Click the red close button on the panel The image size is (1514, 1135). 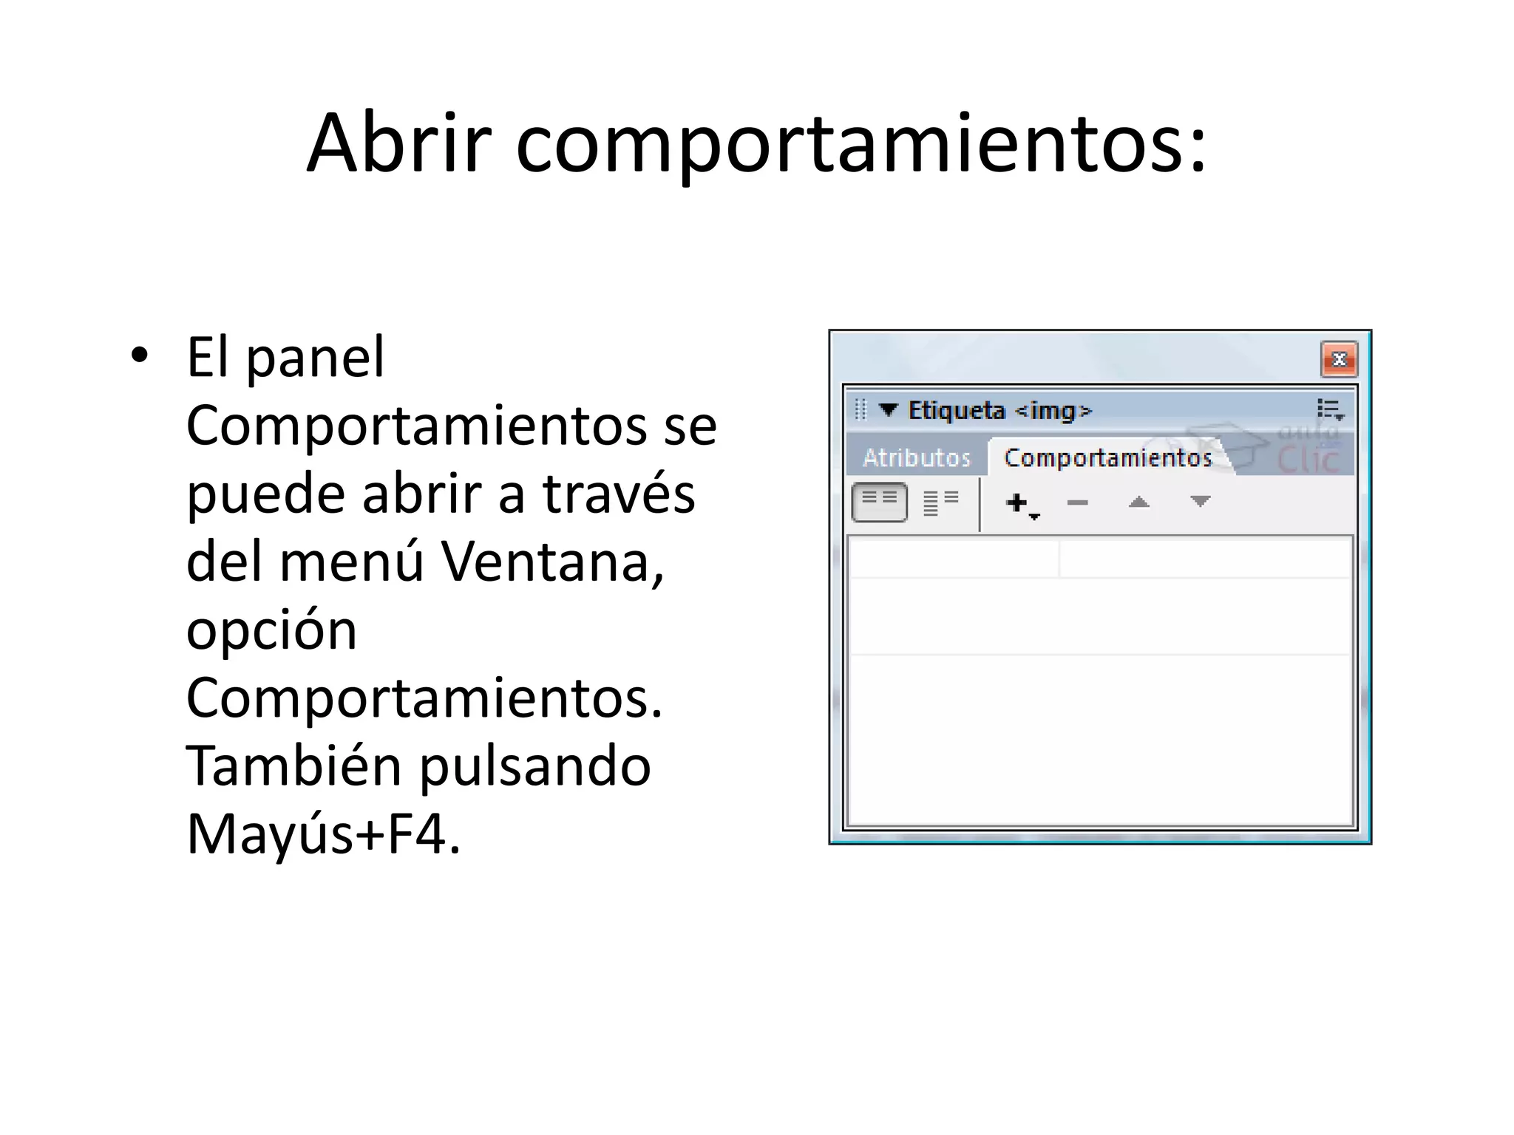click(1338, 360)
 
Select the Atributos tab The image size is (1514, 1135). click(917, 458)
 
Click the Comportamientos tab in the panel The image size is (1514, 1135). click(1107, 458)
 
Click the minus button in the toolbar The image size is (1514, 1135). click(1078, 503)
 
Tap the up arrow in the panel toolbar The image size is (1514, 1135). click(1138, 503)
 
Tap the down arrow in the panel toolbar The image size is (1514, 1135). click(1200, 502)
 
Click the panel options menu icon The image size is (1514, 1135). click(1330, 409)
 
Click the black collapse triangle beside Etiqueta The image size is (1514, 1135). click(888, 409)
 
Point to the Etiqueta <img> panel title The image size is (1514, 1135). click(999, 410)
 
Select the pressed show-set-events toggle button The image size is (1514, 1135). click(880, 502)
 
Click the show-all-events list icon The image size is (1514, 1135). click(940, 502)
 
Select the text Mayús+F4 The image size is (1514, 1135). click(324, 834)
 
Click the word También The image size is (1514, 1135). click(293, 766)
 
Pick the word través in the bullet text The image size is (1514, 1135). click(619, 494)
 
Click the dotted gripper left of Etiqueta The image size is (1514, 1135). click(860, 409)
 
